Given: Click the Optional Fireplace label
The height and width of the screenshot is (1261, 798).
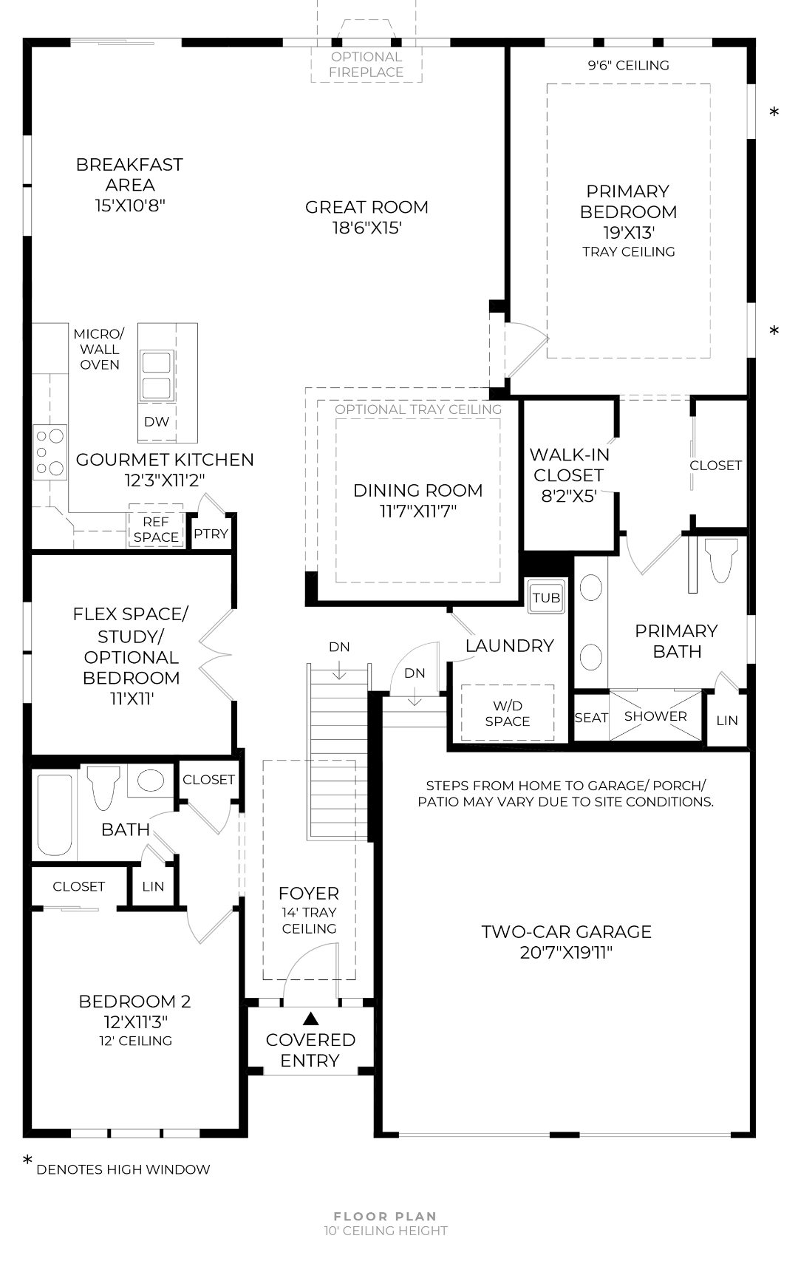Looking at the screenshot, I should (366, 64).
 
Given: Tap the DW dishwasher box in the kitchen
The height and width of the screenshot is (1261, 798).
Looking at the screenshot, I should (157, 421).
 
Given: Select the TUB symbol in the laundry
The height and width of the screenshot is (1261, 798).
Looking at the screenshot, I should (546, 597).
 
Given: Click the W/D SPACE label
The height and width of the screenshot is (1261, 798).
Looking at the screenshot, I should (508, 713).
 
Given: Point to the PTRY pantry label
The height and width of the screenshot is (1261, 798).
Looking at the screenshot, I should (211, 534).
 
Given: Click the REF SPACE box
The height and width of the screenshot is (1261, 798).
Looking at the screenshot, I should (156, 529).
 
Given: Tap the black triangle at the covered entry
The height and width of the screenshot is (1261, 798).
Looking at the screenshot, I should (310, 1019).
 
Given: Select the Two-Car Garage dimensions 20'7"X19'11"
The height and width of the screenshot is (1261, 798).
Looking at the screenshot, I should (566, 953).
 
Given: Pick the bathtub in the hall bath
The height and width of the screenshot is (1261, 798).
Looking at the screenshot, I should (55, 813).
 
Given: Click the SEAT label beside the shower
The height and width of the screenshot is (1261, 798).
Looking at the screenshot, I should (591, 717).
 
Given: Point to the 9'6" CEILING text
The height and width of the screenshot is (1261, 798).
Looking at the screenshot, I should (628, 65).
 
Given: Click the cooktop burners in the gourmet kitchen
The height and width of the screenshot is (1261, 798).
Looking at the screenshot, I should (50, 452).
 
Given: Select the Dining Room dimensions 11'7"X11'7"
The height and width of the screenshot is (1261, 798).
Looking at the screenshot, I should (418, 511).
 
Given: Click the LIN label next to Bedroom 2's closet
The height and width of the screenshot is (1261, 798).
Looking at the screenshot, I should (153, 886).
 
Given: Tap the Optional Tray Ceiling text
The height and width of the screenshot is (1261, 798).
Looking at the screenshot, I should (418, 409).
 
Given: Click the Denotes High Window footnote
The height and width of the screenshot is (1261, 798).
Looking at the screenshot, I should (123, 1169).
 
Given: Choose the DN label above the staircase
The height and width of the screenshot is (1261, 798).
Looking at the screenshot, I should (339, 647).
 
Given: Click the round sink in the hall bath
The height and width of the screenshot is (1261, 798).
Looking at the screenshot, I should (151, 781).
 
